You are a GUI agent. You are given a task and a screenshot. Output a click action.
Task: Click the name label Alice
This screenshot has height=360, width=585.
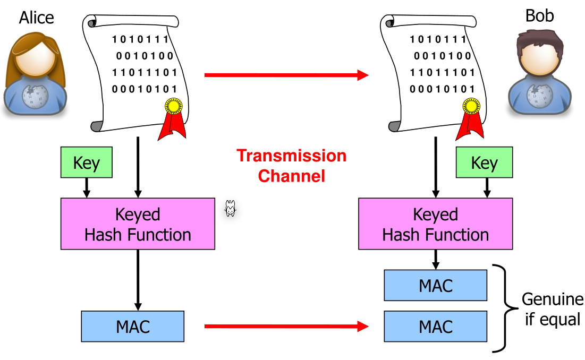[x=36, y=18]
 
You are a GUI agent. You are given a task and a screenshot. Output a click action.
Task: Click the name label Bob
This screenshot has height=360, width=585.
[x=539, y=16]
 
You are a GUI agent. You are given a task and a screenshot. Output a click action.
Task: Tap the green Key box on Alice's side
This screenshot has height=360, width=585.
[x=87, y=162]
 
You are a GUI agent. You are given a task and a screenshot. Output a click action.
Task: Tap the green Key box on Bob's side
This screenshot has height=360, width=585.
[x=484, y=162]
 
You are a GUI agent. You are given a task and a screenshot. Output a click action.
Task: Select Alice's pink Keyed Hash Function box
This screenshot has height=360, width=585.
[x=138, y=224]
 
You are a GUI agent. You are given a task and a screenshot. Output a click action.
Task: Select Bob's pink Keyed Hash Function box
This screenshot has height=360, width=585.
[x=435, y=224]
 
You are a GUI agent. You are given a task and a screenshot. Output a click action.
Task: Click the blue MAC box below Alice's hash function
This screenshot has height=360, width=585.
[x=132, y=326]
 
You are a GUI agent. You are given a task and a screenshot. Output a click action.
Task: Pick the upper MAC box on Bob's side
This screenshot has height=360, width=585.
[x=435, y=286]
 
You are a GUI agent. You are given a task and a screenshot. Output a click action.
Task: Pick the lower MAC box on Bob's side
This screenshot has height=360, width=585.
[x=435, y=326]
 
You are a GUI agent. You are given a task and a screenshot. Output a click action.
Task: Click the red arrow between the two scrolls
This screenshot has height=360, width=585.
[x=286, y=75]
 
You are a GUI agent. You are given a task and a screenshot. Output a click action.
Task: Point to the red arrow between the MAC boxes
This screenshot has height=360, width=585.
[x=286, y=326]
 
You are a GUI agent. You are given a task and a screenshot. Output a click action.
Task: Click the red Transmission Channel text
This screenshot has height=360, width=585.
[x=291, y=166]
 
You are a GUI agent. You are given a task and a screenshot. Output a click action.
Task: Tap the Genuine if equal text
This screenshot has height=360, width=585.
[x=553, y=310]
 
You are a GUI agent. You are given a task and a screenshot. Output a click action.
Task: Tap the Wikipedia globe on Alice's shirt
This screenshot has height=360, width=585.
[x=35, y=96]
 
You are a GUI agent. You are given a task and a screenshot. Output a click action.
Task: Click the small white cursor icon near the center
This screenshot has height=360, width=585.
[x=230, y=209]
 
